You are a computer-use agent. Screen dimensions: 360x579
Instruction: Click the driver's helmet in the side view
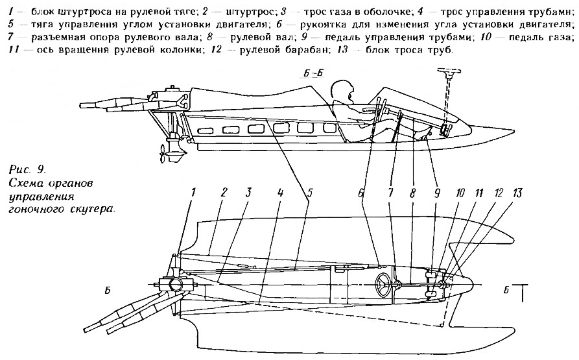coord(342,90)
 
